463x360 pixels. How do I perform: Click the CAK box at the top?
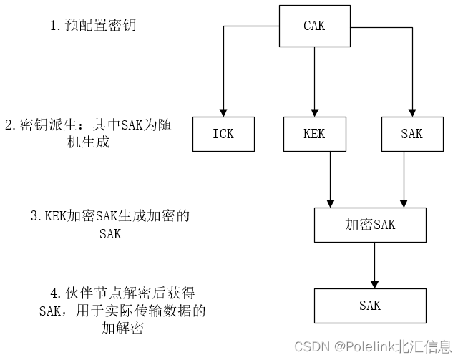314,26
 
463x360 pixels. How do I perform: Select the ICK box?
223,134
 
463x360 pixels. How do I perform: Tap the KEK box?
314,134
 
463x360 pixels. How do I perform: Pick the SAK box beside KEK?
411,134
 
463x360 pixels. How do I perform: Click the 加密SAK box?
370,225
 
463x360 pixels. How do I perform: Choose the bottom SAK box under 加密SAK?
370,306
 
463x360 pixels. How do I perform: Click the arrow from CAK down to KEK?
314,79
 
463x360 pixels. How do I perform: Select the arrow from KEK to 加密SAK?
330,179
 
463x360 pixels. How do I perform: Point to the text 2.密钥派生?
36,125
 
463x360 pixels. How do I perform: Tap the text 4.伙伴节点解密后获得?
118,293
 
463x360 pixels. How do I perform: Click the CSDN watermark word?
314,347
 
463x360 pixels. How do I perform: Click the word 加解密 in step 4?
123,329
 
